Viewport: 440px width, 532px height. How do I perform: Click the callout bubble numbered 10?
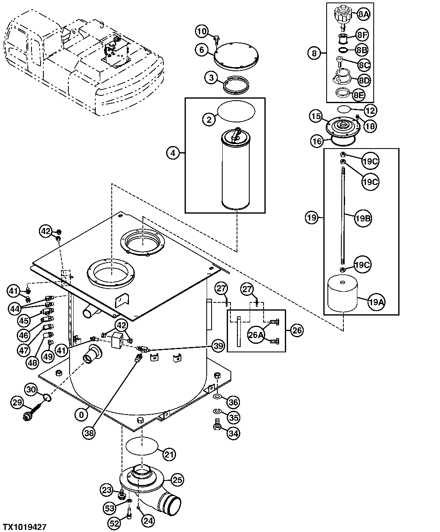tap(201, 31)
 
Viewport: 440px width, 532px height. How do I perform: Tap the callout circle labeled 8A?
tap(363, 14)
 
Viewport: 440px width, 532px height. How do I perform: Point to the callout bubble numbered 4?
tap(173, 153)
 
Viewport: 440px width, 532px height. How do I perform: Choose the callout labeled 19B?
tap(363, 218)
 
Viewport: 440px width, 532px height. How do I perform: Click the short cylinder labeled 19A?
tap(343, 294)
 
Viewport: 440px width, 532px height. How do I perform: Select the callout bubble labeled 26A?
tap(256, 335)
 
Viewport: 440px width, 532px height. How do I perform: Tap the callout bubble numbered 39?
tap(218, 346)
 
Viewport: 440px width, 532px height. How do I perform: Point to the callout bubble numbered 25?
tap(177, 479)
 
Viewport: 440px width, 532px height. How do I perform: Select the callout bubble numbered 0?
tap(81, 415)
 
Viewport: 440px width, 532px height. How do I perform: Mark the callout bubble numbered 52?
tap(115, 523)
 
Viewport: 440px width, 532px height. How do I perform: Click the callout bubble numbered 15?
tap(316, 117)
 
